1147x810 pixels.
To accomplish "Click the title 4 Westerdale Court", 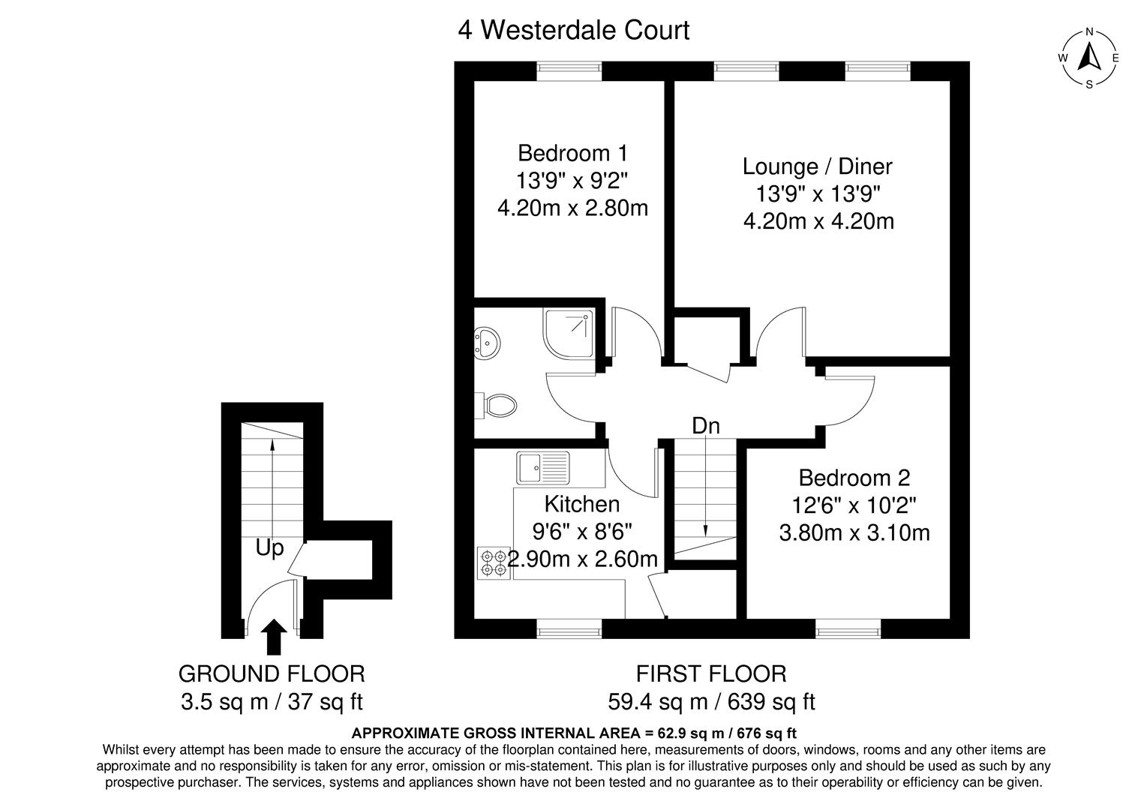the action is click(573, 30).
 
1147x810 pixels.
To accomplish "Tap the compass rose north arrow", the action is click(1089, 57).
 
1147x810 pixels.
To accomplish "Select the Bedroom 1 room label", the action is click(572, 153).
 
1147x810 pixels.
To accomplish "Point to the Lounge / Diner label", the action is click(818, 166).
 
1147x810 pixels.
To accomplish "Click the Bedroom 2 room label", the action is click(854, 478).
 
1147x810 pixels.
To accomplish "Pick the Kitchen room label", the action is click(581, 504).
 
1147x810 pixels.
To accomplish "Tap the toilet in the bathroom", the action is click(496, 406).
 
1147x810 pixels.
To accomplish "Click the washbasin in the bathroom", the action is click(487, 342).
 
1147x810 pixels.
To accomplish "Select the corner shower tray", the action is click(569, 333).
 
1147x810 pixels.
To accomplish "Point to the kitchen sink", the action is click(543, 467).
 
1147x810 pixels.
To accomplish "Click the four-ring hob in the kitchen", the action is click(494, 563).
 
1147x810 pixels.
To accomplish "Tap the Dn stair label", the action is click(706, 426).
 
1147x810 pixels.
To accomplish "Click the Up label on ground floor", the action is click(270, 549).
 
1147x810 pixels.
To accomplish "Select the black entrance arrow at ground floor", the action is click(274, 637).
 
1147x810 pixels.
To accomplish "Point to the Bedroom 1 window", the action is click(569, 71).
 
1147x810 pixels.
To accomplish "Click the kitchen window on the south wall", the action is click(569, 628).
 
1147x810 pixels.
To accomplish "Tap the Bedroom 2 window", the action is click(848, 628).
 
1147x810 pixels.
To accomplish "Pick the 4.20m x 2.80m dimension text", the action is click(572, 208).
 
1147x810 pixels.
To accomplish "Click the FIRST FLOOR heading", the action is click(711, 673).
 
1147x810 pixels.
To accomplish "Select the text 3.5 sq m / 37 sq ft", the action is click(272, 701).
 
